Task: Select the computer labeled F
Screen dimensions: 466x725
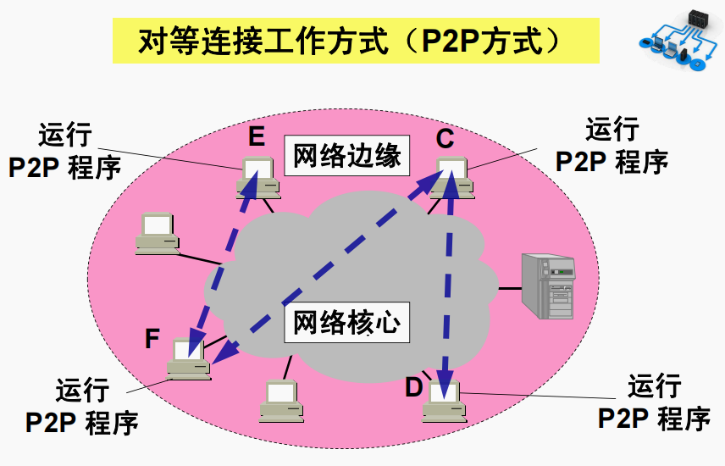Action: tap(189, 359)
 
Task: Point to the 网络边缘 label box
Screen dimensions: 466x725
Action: tap(346, 155)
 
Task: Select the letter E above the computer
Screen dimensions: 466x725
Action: tap(257, 136)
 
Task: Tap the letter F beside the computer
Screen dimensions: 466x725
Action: tap(152, 339)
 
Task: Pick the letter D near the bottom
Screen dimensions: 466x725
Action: tap(413, 387)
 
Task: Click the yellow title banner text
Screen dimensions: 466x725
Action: tap(356, 41)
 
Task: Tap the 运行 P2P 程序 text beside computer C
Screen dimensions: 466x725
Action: tap(612, 146)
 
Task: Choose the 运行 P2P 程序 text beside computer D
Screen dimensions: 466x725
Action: tap(654, 403)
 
